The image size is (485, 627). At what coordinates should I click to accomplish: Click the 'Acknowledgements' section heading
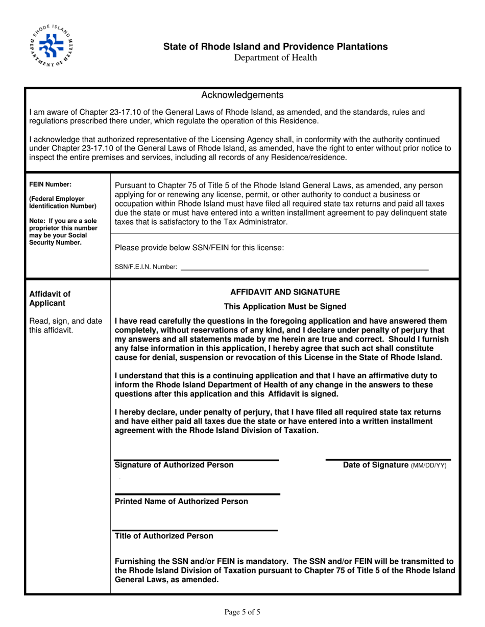tap(242, 95)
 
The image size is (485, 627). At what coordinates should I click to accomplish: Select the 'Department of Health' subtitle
tap(275, 58)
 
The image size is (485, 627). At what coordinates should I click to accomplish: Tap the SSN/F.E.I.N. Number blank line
tap(304, 269)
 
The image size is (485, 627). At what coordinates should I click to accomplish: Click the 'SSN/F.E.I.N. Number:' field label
tap(146, 267)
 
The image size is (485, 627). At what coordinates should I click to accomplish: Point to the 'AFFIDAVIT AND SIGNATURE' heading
tap(285, 292)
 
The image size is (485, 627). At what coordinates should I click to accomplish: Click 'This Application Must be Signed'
tap(285, 306)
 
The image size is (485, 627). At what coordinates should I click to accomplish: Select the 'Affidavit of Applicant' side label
tap(50, 298)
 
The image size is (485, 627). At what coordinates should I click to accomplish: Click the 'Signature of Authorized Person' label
tap(175, 465)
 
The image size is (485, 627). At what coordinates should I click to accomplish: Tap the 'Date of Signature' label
tap(376, 465)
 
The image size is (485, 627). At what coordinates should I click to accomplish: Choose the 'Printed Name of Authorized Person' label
tap(182, 501)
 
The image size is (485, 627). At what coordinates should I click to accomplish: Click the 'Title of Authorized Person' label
tap(164, 536)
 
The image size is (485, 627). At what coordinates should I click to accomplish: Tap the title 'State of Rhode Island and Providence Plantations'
tap(275, 47)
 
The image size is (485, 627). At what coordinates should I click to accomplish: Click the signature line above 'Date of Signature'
tap(388, 459)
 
